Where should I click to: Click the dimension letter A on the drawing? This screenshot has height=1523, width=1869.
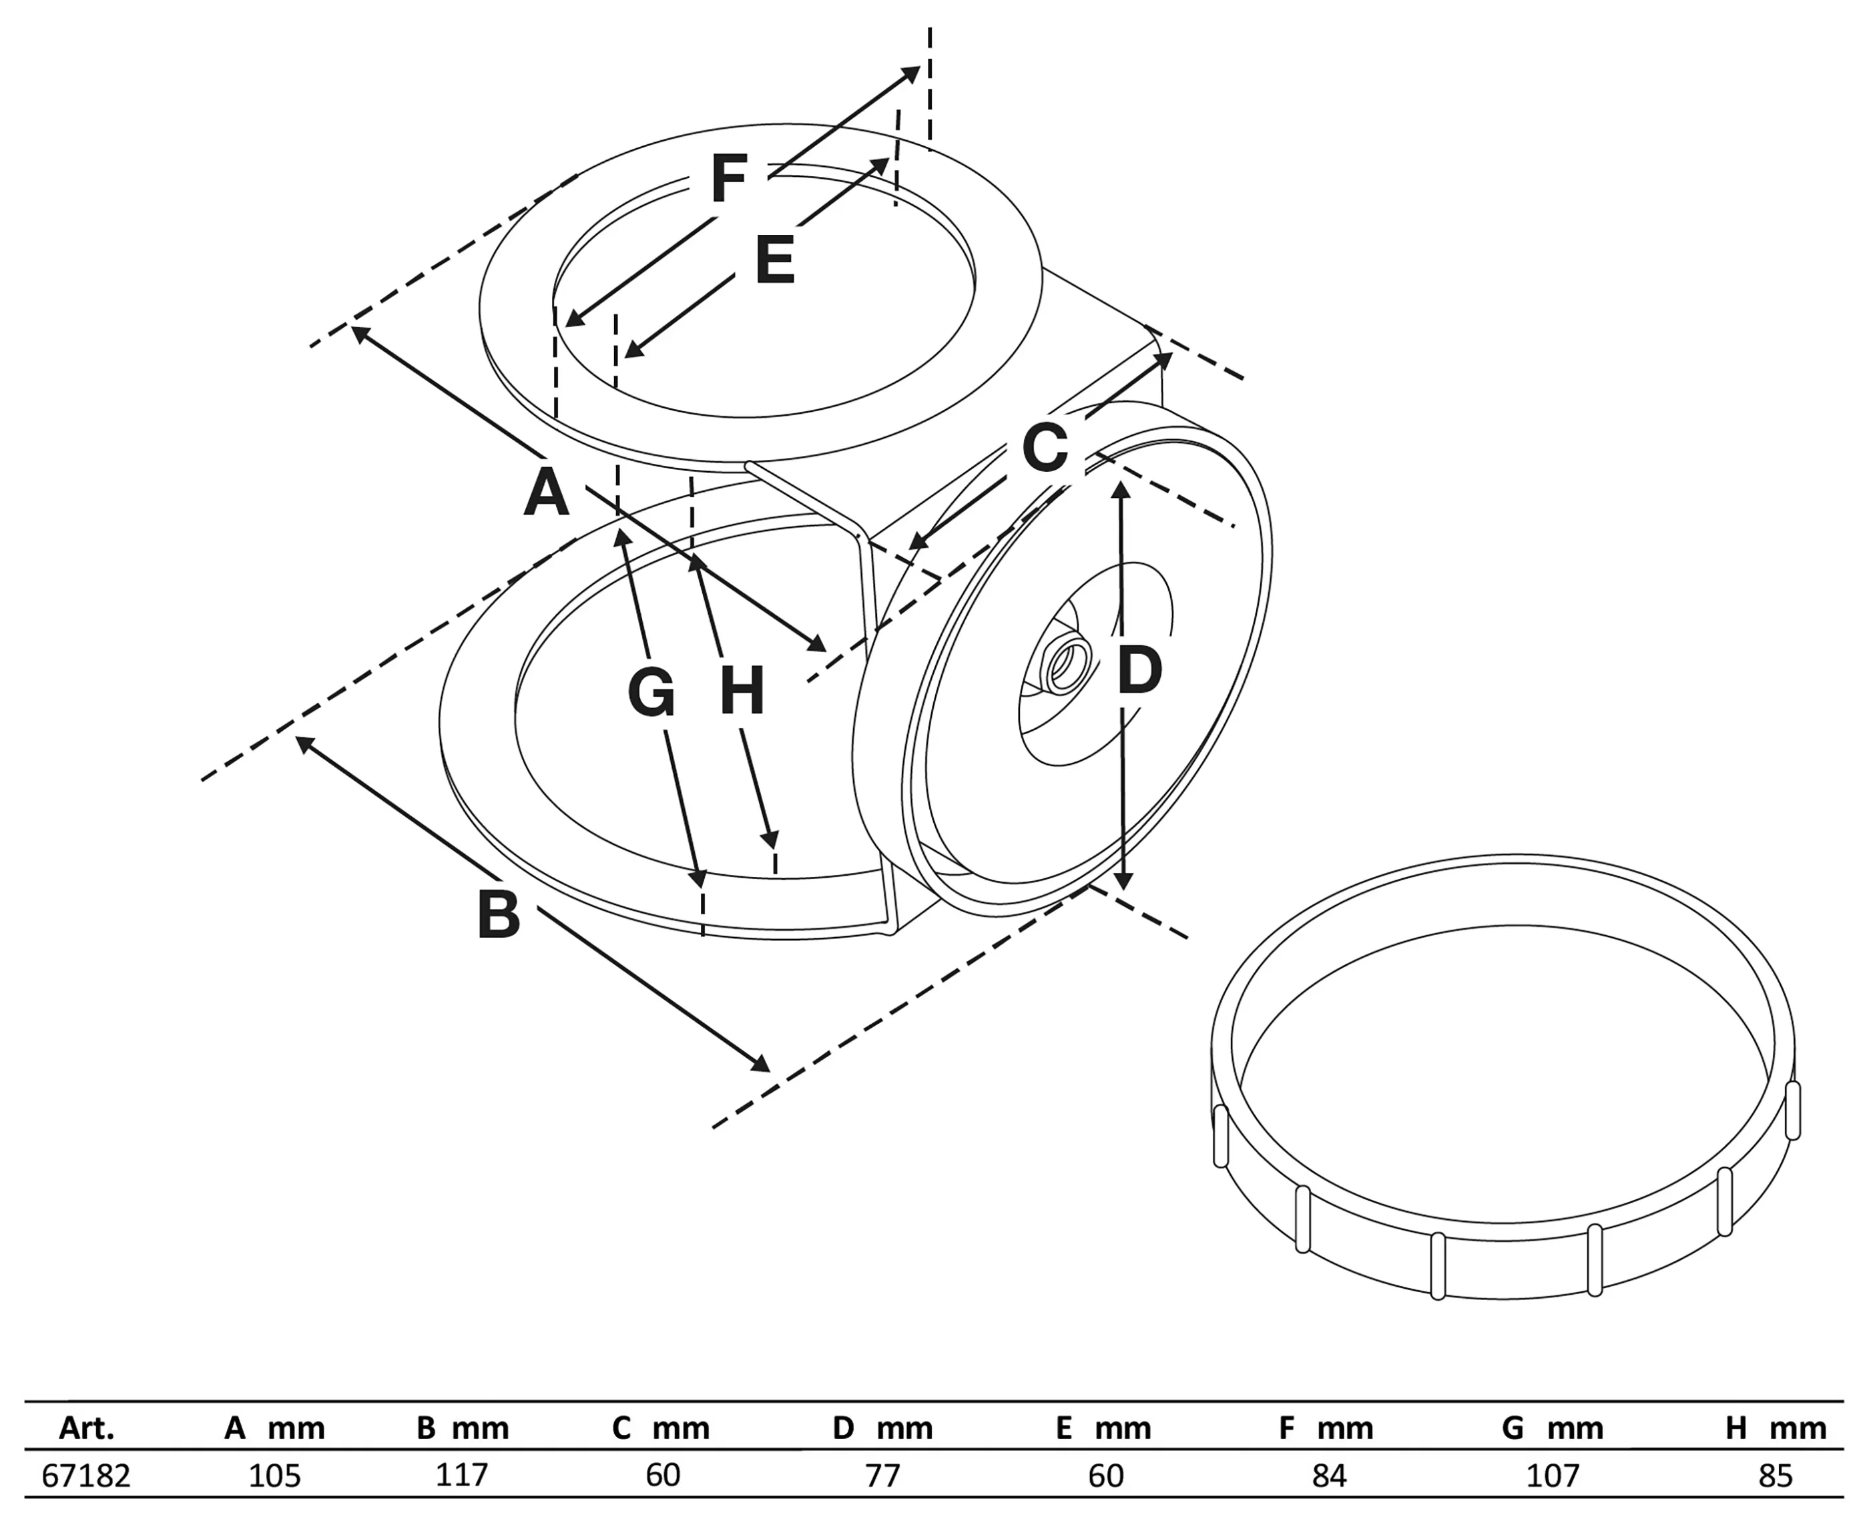tap(546, 493)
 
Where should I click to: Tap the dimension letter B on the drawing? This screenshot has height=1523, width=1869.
tap(499, 915)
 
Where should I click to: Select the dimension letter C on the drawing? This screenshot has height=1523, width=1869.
tap(1045, 447)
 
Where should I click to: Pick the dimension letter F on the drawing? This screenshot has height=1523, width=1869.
tap(728, 179)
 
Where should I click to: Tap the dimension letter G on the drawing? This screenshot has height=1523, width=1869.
tap(651, 693)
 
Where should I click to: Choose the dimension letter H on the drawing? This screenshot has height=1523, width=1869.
tap(742, 691)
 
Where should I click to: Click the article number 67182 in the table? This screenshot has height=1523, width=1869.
tap(86, 1476)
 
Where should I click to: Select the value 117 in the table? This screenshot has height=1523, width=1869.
tap(461, 1476)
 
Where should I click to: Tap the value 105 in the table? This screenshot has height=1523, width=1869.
tap(274, 1476)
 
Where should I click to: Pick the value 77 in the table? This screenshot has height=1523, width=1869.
tap(882, 1476)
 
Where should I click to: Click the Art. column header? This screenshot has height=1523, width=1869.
tap(86, 1429)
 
